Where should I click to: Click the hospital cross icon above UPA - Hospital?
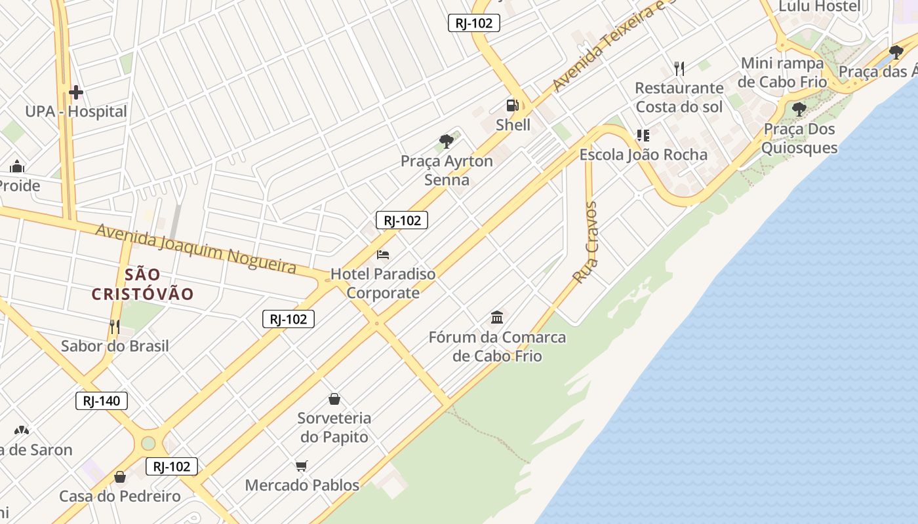click(76, 92)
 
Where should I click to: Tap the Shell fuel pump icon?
click(512, 105)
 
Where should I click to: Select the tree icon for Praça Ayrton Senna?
click(447, 141)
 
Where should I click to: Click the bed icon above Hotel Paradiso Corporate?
click(383, 254)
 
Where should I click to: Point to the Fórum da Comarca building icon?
click(497, 318)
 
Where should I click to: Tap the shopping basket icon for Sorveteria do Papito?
click(334, 399)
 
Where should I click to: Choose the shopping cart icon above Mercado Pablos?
click(301, 466)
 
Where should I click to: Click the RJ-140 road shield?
click(102, 401)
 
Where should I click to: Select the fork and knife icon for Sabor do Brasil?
click(115, 326)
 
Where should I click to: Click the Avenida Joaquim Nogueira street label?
click(196, 248)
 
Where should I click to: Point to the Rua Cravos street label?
click(585, 242)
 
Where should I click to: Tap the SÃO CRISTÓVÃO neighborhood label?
click(143, 284)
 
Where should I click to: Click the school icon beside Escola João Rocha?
click(643, 136)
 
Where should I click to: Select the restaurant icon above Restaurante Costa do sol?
click(679, 68)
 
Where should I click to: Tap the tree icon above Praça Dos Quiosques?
click(799, 109)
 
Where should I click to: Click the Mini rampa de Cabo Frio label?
click(782, 73)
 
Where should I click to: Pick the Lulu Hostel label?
click(819, 7)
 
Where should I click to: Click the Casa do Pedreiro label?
click(120, 496)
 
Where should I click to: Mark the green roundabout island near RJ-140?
click(148, 443)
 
